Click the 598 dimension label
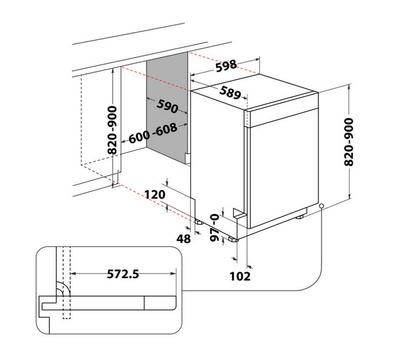226,66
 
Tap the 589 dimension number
230,92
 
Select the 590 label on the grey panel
167,106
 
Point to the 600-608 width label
153,133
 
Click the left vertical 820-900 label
113,130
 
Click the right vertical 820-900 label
349,142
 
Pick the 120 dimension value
155,194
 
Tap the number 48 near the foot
184,239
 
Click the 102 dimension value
240,276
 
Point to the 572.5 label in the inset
123,274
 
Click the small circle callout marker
321,206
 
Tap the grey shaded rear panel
167,107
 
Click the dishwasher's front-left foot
232,239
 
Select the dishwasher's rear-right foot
300,217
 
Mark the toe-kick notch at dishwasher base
239,213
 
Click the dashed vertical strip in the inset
66,283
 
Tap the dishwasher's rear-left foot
199,222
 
